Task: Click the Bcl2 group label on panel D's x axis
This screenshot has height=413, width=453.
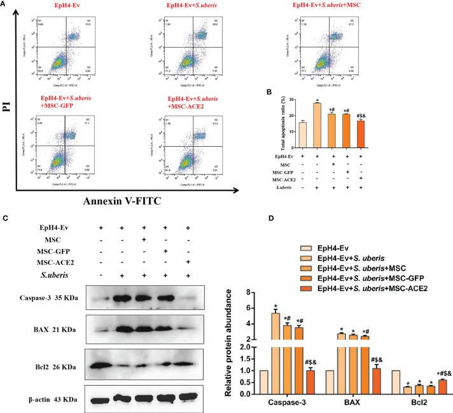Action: [407, 403]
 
